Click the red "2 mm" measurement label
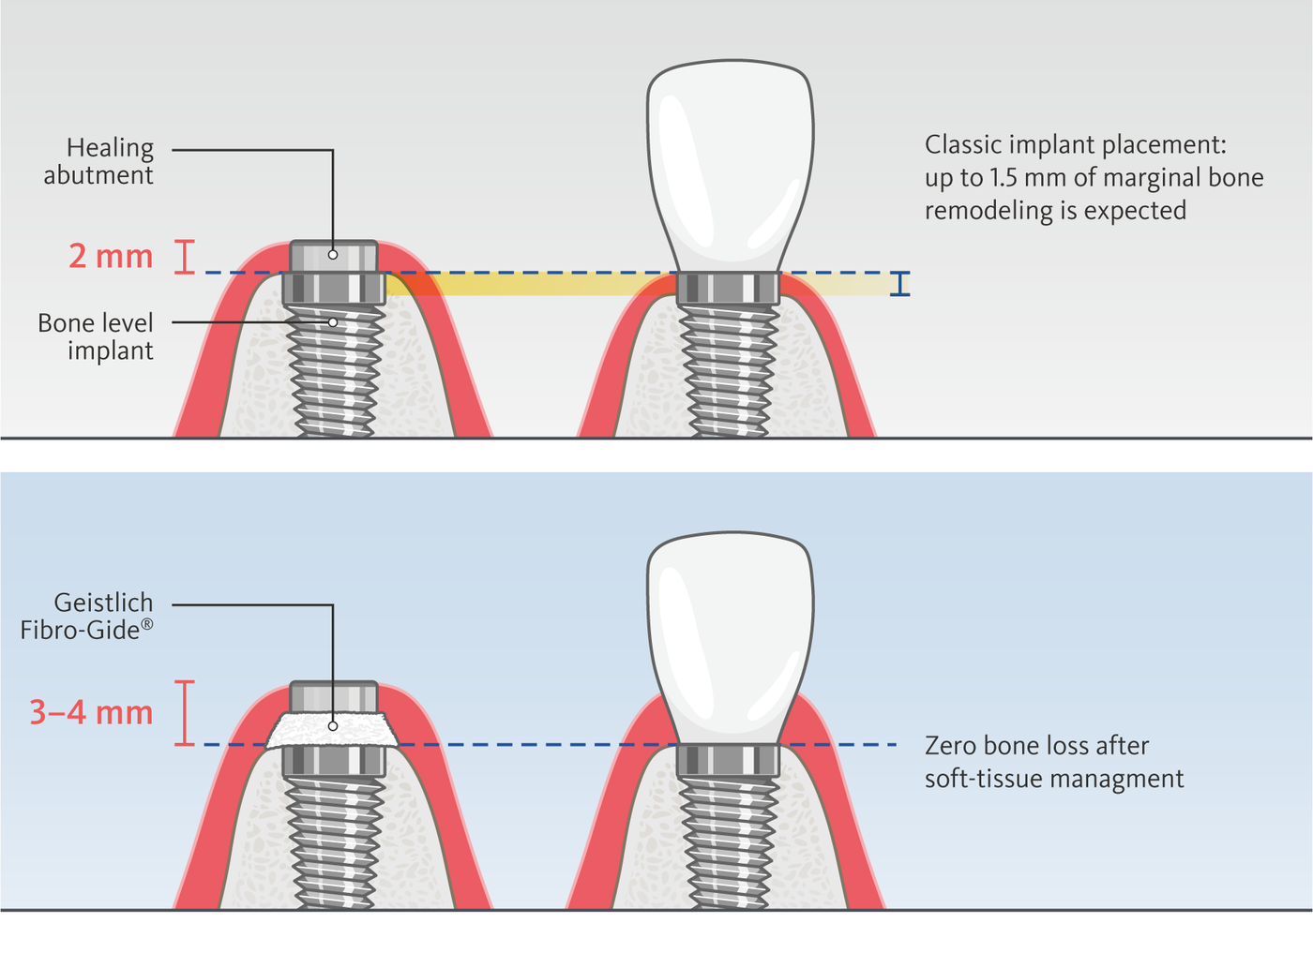pos(110,256)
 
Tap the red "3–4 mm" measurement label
pos(91,712)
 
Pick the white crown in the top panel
pos(730,164)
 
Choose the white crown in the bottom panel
pos(730,637)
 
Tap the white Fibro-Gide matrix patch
pos(333,729)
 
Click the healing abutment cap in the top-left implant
pos(333,255)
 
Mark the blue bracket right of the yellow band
pos(900,284)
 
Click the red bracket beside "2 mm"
pos(185,257)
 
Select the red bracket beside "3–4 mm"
pos(185,713)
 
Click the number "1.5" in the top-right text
pos(1004,178)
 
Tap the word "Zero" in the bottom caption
pos(951,746)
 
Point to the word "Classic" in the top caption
pos(961,145)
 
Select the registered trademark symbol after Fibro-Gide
pos(147,623)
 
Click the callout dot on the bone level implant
pos(333,322)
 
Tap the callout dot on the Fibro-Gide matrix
pos(333,726)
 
